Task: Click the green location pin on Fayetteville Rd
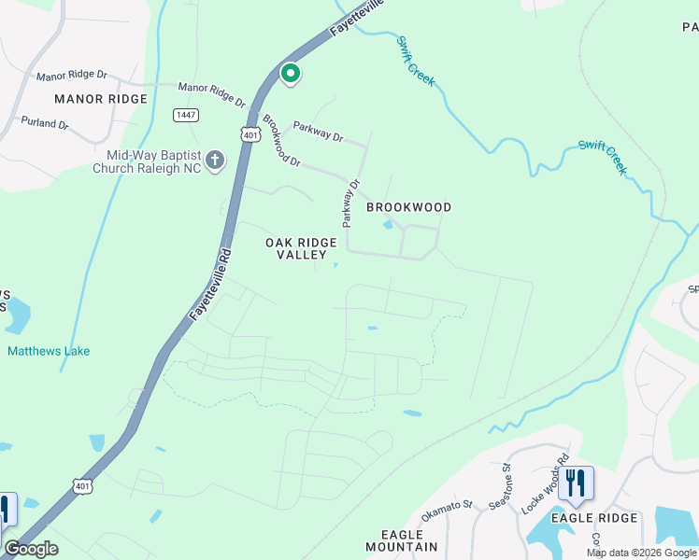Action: pos(290,73)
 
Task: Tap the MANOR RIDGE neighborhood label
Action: pos(101,99)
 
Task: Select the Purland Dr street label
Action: pos(43,123)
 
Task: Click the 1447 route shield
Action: pos(185,115)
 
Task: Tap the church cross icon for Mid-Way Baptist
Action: pos(214,161)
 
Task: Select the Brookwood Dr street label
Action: pos(281,141)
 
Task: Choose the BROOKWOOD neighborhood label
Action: pos(408,207)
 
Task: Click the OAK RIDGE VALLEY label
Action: pos(300,248)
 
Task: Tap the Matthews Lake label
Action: pos(49,351)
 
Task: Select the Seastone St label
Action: pos(501,488)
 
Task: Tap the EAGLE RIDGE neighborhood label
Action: pos(593,518)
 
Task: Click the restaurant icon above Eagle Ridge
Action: pos(576,484)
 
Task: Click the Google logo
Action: pos(32,549)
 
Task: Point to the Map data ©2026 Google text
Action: pos(640,553)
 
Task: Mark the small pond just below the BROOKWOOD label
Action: pos(388,223)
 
